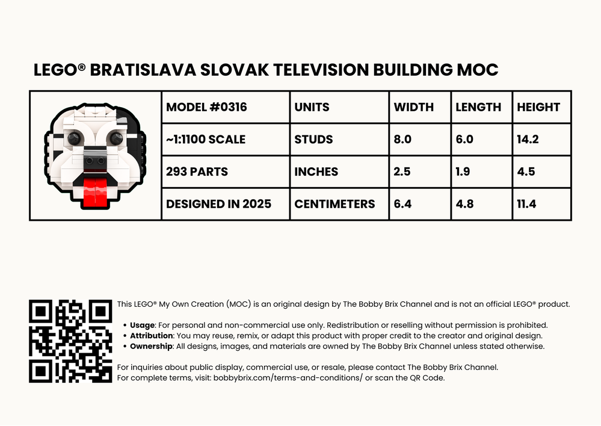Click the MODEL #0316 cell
[x=206, y=107]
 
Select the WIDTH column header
[x=413, y=107]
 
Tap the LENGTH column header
[x=478, y=107]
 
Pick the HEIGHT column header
[x=538, y=107]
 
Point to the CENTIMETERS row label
[x=334, y=204]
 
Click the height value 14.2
[x=528, y=140]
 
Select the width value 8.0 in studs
[x=402, y=140]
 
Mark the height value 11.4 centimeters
[x=526, y=204]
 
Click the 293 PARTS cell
[x=197, y=171]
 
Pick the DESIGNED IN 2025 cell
[x=218, y=204]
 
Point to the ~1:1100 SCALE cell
[x=206, y=140]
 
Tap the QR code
[x=70, y=341]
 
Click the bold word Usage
[x=142, y=325]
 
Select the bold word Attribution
[x=152, y=336]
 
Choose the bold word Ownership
[x=152, y=346]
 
